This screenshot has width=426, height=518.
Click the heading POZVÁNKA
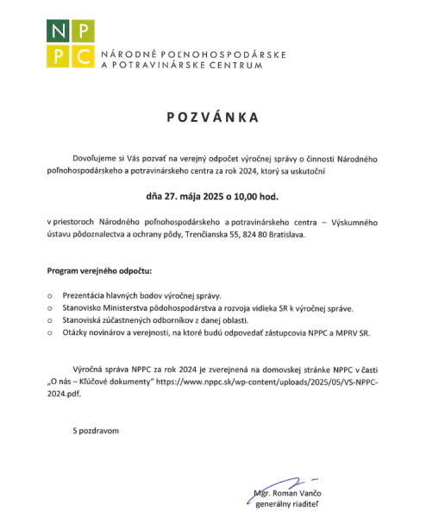coord(212,114)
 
